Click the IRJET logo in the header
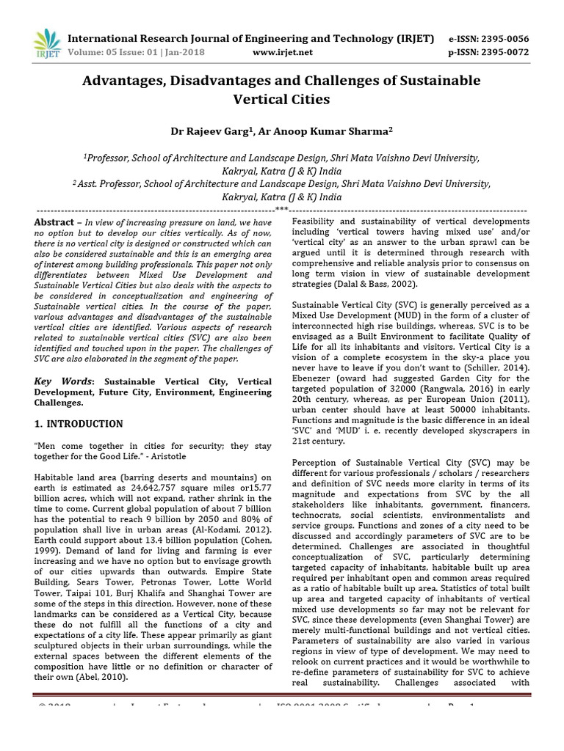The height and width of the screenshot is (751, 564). tap(46, 44)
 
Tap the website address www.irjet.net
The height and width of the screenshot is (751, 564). tap(282, 52)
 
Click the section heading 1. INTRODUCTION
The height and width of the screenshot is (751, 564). tap(79, 424)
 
